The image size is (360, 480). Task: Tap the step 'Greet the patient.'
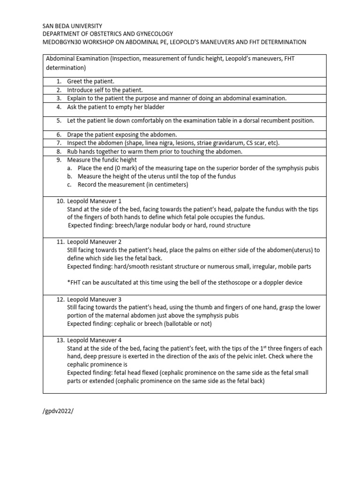91,82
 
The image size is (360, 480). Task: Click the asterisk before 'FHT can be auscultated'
68,283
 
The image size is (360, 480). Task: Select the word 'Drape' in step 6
75,135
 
